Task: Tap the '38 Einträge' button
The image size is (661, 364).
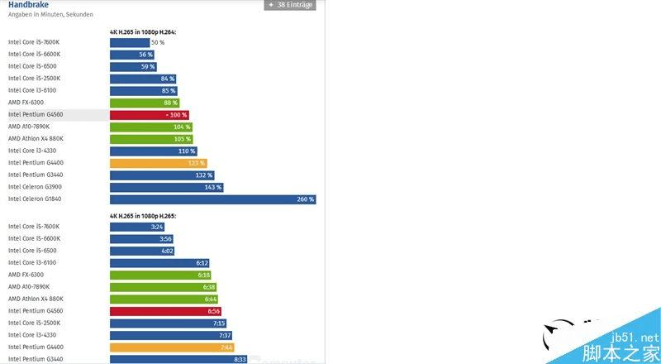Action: pos(289,5)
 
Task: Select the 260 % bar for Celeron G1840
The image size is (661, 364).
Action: pos(212,199)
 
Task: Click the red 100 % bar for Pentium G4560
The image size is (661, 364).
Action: pos(150,115)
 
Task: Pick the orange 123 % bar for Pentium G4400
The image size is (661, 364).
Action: pos(158,163)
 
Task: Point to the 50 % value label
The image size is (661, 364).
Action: pos(157,42)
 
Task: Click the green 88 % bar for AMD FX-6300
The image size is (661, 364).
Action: pos(145,103)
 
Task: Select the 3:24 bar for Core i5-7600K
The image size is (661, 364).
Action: pos(137,227)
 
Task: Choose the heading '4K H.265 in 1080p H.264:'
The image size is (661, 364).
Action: pos(143,31)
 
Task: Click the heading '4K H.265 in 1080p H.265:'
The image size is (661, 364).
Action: pos(143,216)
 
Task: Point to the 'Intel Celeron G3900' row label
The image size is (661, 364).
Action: pos(36,187)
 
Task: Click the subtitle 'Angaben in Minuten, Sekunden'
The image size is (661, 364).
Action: pos(50,15)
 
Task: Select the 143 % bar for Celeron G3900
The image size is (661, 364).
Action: pos(166,187)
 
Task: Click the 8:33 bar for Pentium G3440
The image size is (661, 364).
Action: pos(178,359)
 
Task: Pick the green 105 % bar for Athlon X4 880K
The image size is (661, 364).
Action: pos(151,139)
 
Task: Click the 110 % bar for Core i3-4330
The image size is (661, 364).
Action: pos(153,151)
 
